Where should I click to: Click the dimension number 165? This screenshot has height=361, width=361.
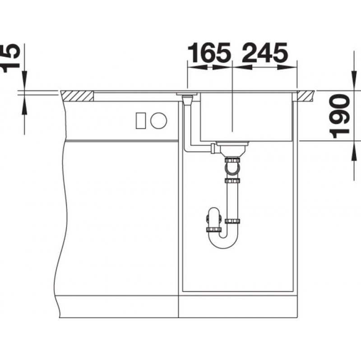point(209,53)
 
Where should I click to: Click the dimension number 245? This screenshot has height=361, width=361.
point(265,53)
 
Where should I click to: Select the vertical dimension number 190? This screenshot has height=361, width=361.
point(340,116)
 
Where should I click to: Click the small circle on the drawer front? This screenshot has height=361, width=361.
point(159,120)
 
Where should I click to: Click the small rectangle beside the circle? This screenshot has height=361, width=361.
point(141,120)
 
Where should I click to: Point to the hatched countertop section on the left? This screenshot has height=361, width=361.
point(78,96)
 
